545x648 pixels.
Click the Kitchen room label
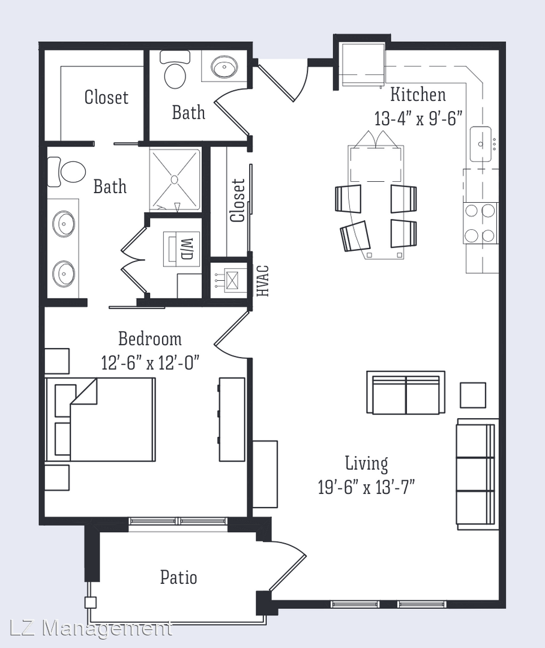click(418, 95)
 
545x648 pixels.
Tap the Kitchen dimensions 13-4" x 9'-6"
click(418, 119)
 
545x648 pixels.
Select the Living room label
click(367, 463)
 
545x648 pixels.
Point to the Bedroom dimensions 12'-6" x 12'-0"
click(151, 363)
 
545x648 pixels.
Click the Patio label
click(179, 577)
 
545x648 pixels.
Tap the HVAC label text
click(263, 281)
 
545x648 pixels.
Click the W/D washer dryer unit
click(182, 248)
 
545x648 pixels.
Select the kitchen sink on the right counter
click(481, 144)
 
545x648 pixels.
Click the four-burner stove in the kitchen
click(480, 223)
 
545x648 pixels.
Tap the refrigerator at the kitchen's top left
click(363, 65)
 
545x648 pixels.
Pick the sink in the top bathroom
click(224, 66)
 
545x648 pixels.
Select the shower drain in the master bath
click(174, 179)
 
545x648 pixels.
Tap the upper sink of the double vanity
click(64, 224)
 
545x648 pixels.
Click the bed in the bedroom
click(100, 419)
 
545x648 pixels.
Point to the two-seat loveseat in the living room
click(406, 392)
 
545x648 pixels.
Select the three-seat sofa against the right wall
click(476, 473)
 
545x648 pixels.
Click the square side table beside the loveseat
click(473, 395)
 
